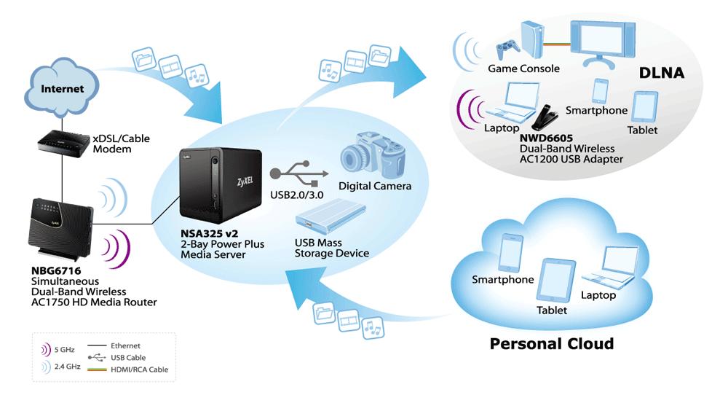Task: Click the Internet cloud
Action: coord(61,90)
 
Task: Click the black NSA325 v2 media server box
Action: coord(212,187)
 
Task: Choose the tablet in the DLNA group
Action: coord(643,107)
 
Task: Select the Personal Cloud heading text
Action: coord(552,343)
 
